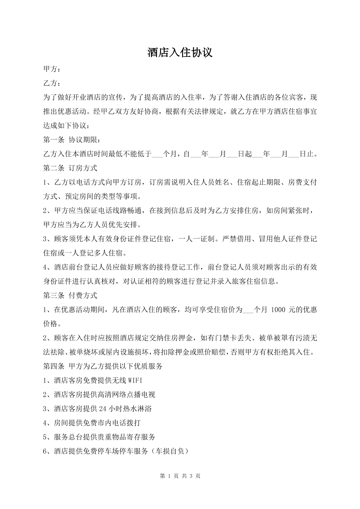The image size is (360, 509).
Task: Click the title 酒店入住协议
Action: [180, 53]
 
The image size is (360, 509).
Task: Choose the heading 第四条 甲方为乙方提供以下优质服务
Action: [103, 366]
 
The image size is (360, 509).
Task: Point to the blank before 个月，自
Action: [157, 155]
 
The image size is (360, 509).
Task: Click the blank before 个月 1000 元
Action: [248, 310]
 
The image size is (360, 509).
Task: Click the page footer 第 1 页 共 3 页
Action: [180, 476]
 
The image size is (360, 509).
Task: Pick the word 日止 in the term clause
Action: [306, 154]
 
